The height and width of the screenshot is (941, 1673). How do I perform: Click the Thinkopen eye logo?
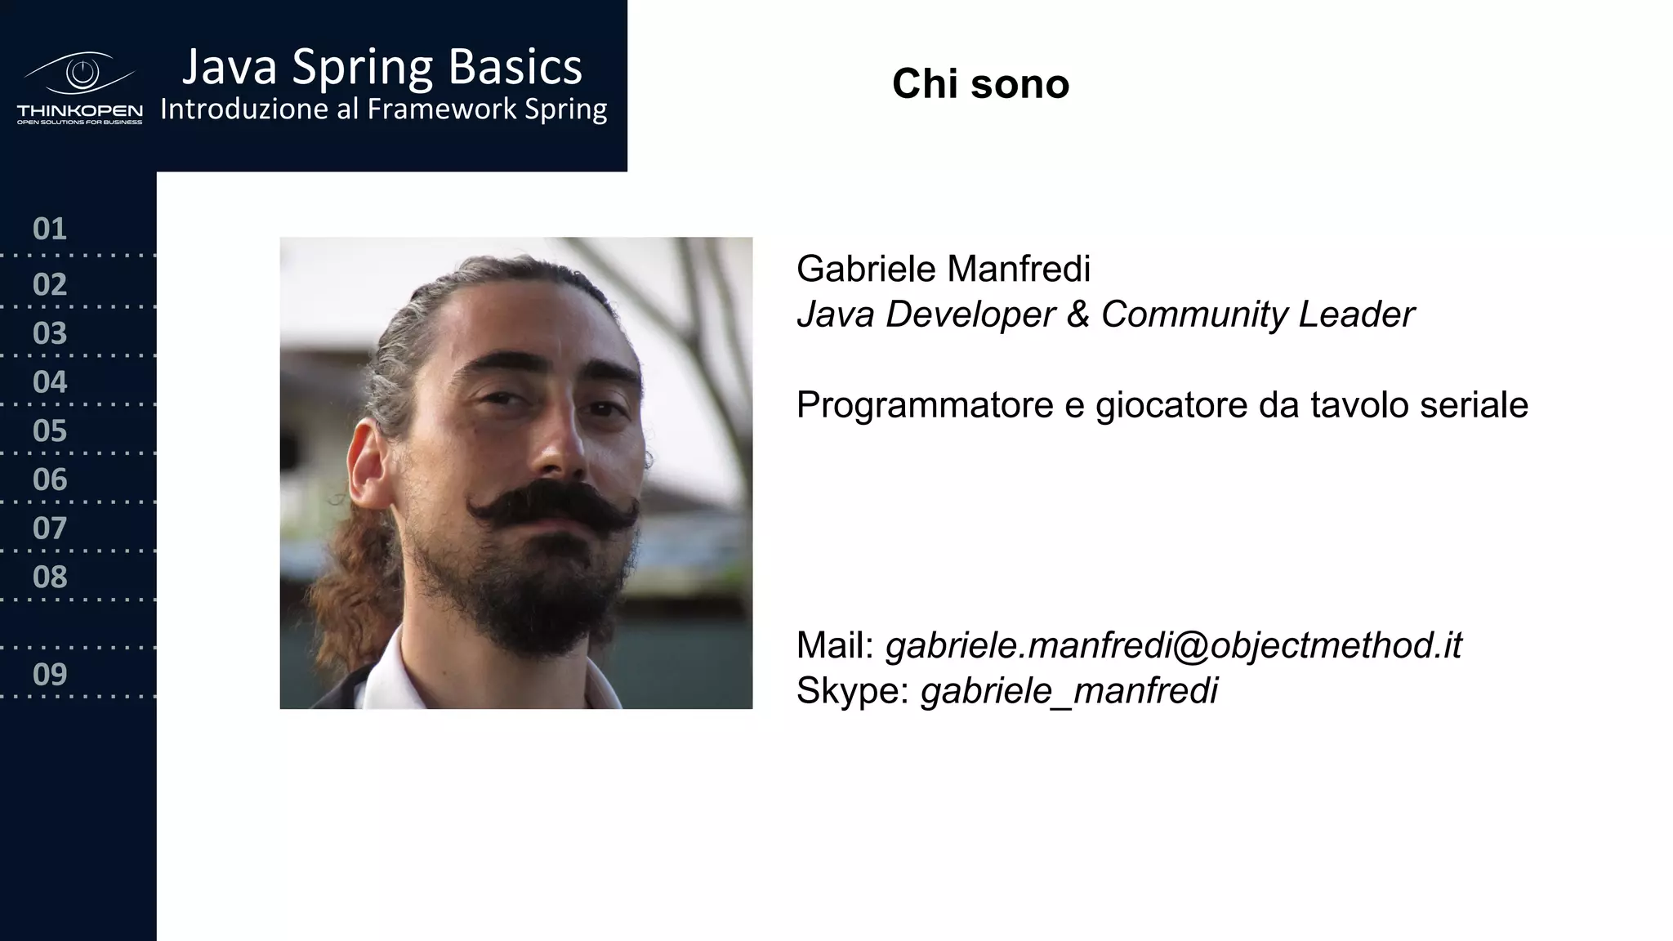(x=80, y=75)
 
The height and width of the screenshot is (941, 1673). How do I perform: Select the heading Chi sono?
(x=980, y=83)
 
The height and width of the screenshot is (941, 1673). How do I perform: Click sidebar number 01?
(x=49, y=229)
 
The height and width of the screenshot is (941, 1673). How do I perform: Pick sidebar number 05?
(x=49, y=430)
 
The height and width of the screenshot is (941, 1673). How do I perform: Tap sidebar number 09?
(x=49, y=674)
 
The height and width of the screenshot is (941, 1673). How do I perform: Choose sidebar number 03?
(x=49, y=333)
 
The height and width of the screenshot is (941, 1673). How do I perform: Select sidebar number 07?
(x=49, y=528)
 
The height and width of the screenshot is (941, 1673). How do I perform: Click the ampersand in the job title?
(x=1077, y=314)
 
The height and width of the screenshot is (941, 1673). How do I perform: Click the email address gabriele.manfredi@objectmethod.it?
(x=1173, y=645)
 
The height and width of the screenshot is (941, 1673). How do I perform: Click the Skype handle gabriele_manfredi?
(x=1068, y=691)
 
